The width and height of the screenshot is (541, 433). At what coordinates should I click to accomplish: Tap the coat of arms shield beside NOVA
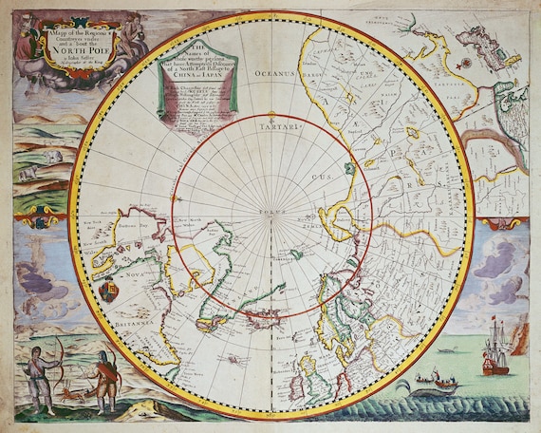tap(109, 291)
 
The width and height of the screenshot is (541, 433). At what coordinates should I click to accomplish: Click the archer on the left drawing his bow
tap(38, 376)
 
